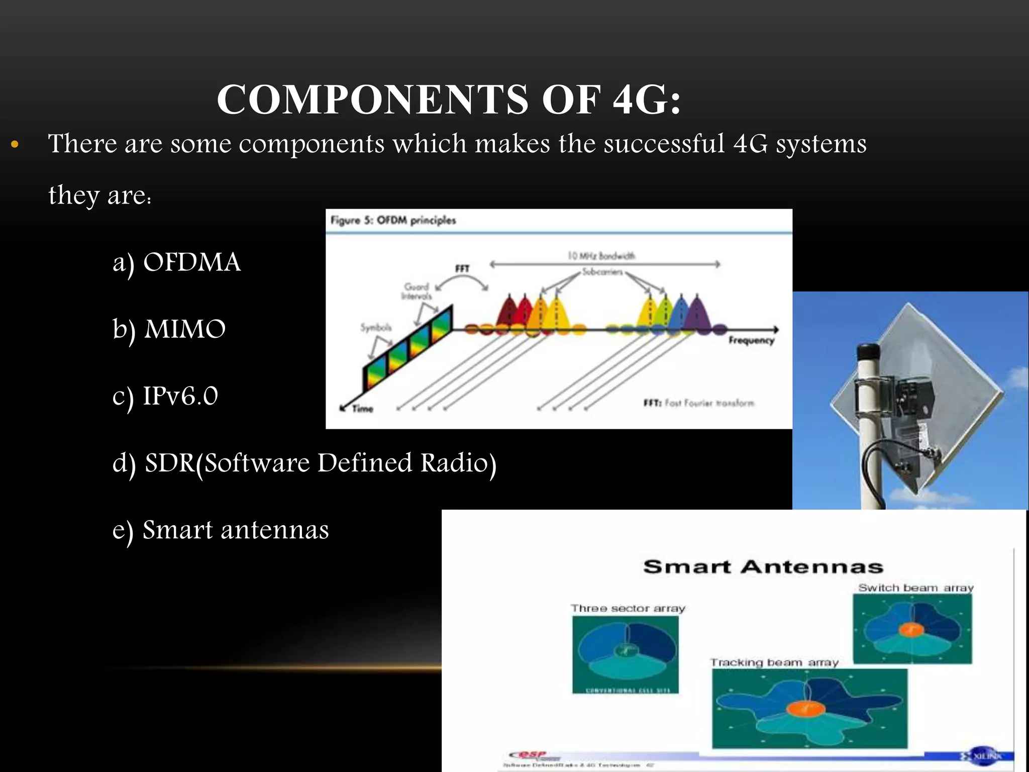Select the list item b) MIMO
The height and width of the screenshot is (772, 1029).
click(x=169, y=329)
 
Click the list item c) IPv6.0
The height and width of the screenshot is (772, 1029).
click(x=165, y=397)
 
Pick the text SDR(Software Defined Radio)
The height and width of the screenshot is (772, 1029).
click(x=320, y=463)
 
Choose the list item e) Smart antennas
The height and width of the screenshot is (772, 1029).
click(x=221, y=530)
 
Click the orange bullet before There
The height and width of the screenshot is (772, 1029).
click(x=15, y=145)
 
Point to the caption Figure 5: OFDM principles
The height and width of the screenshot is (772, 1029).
click(x=393, y=220)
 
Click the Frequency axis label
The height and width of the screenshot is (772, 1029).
click(x=751, y=341)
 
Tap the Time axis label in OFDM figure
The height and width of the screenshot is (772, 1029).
click(x=362, y=409)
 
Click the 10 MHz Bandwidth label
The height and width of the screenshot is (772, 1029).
click(x=601, y=256)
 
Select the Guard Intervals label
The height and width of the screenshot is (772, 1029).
click(x=417, y=291)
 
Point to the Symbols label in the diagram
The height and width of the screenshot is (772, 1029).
click(x=375, y=328)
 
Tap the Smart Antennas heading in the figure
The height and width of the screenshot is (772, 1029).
click(x=763, y=567)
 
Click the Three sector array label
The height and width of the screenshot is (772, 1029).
click(x=628, y=609)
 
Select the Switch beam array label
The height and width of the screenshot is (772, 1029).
click(x=915, y=588)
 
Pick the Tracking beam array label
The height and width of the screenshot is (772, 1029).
click(x=774, y=663)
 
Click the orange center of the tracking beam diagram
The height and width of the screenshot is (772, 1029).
click(x=805, y=709)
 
